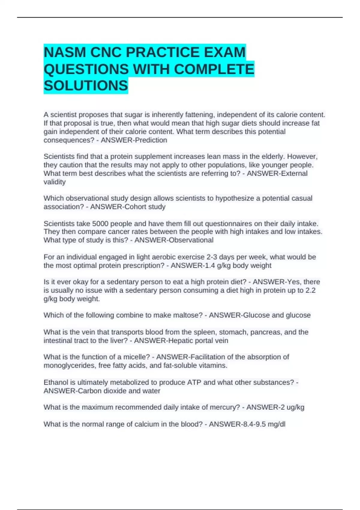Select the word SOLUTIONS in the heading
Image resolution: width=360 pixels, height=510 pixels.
86,85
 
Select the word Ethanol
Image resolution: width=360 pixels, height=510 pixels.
56,382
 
